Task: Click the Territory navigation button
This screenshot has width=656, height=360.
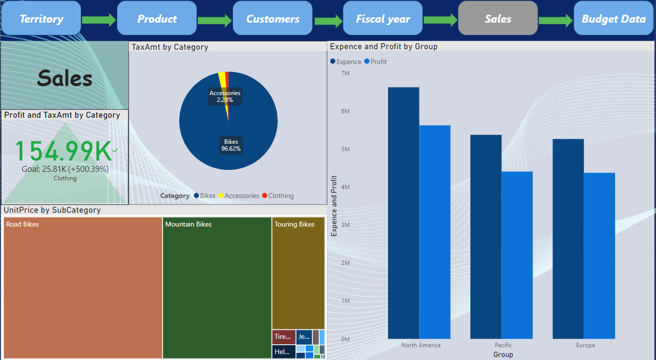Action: click(x=41, y=19)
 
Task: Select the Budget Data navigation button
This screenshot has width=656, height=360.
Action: click(x=613, y=19)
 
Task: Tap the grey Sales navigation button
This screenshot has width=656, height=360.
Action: click(x=497, y=19)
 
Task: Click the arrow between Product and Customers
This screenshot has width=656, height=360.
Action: click(x=214, y=20)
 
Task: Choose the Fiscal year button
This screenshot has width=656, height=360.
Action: click(x=383, y=19)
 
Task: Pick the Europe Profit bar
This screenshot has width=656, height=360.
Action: click(x=599, y=256)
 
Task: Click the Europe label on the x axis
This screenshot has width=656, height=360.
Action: click(x=585, y=345)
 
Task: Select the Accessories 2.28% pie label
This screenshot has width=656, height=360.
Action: click(x=225, y=96)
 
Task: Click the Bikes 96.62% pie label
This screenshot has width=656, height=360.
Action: click(x=230, y=145)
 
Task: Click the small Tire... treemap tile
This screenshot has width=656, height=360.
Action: click(x=284, y=337)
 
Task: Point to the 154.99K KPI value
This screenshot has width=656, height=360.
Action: click(x=63, y=152)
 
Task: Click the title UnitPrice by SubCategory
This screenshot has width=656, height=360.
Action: click(x=52, y=210)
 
